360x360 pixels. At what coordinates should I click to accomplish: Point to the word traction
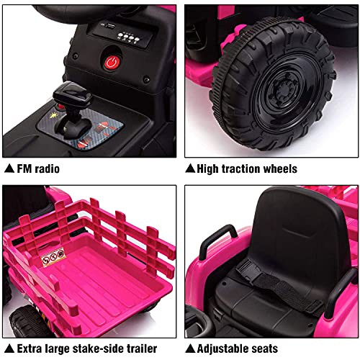(x=247, y=168)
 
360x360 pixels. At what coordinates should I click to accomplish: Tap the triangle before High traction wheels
(x=190, y=168)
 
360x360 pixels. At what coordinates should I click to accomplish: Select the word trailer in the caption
(x=140, y=348)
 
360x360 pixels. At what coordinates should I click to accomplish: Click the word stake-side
(x=97, y=348)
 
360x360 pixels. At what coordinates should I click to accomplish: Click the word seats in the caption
(x=276, y=348)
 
